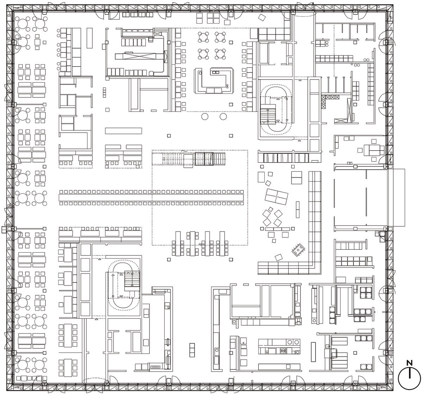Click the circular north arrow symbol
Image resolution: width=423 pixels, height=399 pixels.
pos(409,378)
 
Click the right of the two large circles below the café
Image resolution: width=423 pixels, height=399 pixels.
pos(223,116)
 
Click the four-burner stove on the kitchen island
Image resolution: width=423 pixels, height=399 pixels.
pos(283,350)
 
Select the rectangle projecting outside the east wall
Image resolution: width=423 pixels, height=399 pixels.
pos(396,197)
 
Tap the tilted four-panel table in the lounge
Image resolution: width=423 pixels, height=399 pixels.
pos(276,196)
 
